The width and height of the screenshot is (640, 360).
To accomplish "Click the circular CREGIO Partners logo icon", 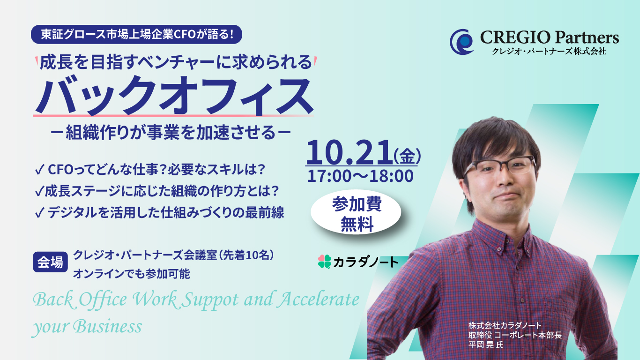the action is click(x=461, y=42).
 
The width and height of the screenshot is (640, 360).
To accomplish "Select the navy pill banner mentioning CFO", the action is click(x=136, y=34).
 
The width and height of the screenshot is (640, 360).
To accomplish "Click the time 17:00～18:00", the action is click(x=360, y=176).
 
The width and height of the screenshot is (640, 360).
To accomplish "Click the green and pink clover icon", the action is click(x=325, y=262).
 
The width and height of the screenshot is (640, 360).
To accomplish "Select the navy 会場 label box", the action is click(x=50, y=262).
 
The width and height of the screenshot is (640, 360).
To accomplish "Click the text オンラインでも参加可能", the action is click(x=132, y=274).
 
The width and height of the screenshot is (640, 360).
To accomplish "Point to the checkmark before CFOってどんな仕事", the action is click(x=39, y=170).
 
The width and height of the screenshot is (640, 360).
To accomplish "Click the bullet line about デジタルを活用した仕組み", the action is click(x=159, y=212).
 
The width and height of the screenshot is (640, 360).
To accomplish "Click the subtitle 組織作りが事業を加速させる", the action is click(x=171, y=132).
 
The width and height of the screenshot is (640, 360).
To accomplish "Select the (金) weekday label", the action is click(x=407, y=156).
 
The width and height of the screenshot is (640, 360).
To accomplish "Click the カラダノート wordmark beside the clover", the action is click(x=366, y=262).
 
